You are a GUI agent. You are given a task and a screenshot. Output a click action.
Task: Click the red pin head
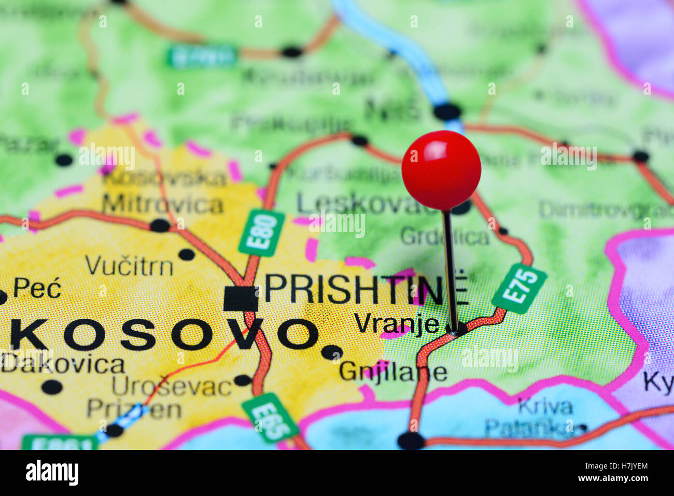click(x=441, y=170)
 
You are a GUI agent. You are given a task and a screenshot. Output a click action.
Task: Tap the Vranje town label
click(x=397, y=323)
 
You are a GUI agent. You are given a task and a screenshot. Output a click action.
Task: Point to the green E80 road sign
click(x=262, y=233)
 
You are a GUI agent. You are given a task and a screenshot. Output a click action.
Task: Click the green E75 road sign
click(x=519, y=288)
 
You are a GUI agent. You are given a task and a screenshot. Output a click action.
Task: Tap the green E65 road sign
click(x=270, y=418)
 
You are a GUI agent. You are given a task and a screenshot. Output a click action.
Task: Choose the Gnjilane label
click(x=393, y=372)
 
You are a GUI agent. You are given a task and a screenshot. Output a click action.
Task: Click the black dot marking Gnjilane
click(x=331, y=352)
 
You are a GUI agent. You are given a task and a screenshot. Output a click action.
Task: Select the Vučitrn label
click(x=129, y=266)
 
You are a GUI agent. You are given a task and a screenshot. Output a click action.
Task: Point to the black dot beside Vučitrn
click(x=186, y=254)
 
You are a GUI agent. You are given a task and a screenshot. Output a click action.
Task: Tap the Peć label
click(x=37, y=288)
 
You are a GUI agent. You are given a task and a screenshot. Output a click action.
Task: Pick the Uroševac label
click(x=172, y=387)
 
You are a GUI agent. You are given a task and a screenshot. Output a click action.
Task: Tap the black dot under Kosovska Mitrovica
click(x=160, y=225)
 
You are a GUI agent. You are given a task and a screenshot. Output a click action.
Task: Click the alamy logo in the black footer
click(x=52, y=473)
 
